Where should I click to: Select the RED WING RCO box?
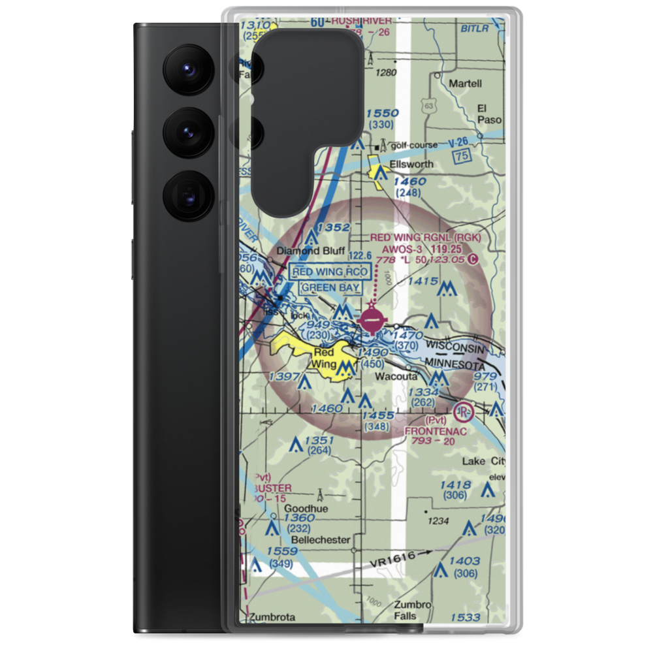point(332,272)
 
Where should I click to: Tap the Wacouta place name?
point(391,376)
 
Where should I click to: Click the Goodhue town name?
point(306,509)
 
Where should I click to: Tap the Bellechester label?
point(321,540)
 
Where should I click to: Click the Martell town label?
point(465,84)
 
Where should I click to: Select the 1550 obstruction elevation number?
point(382,113)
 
